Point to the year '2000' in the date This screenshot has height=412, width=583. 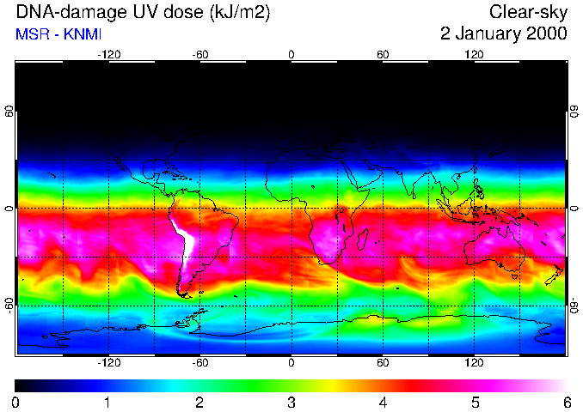545,34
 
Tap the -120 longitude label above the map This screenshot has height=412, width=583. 108,55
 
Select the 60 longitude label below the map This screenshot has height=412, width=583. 384,364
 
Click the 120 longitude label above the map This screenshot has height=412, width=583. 475,55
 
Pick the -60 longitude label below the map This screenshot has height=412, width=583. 199,364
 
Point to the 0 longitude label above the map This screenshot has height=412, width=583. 291,55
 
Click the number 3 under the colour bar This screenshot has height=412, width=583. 291,402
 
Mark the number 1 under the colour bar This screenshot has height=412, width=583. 107,402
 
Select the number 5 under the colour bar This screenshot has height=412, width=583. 475,402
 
